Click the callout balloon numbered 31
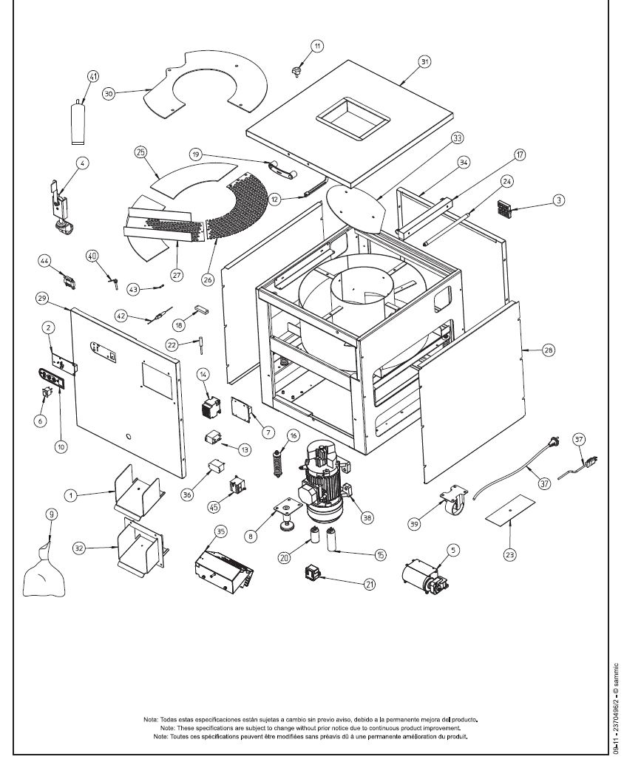(424, 62)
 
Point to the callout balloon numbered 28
(548, 351)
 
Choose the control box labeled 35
(223, 570)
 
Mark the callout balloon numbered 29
(43, 298)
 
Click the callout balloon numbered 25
(140, 152)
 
